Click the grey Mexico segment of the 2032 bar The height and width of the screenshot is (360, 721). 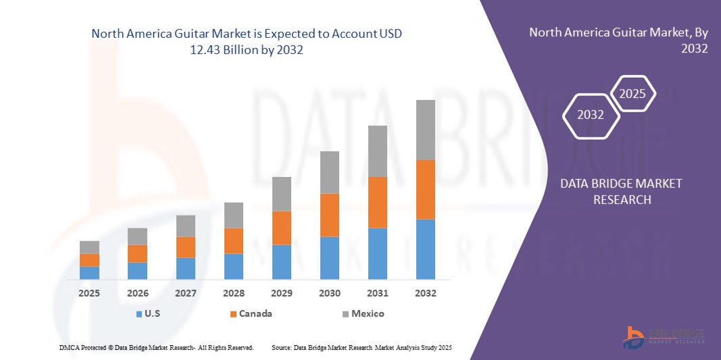tap(426, 130)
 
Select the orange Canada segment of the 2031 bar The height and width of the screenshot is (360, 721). tap(377, 202)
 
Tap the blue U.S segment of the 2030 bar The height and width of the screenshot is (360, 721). tap(329, 257)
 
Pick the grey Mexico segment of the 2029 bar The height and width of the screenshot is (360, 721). tap(282, 194)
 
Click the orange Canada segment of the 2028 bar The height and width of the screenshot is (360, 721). tap(234, 240)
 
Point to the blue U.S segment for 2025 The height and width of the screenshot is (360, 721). tap(89, 272)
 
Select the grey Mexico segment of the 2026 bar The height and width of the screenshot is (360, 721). tap(137, 236)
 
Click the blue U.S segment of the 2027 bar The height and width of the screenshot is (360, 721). tap(186, 268)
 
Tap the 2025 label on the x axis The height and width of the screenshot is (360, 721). tap(89, 293)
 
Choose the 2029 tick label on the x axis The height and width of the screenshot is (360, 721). tap(282, 293)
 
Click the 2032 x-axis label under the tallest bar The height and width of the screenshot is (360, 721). tap(426, 293)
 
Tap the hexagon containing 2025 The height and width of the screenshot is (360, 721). tap(632, 94)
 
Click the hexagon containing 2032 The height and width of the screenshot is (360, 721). tap(591, 115)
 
